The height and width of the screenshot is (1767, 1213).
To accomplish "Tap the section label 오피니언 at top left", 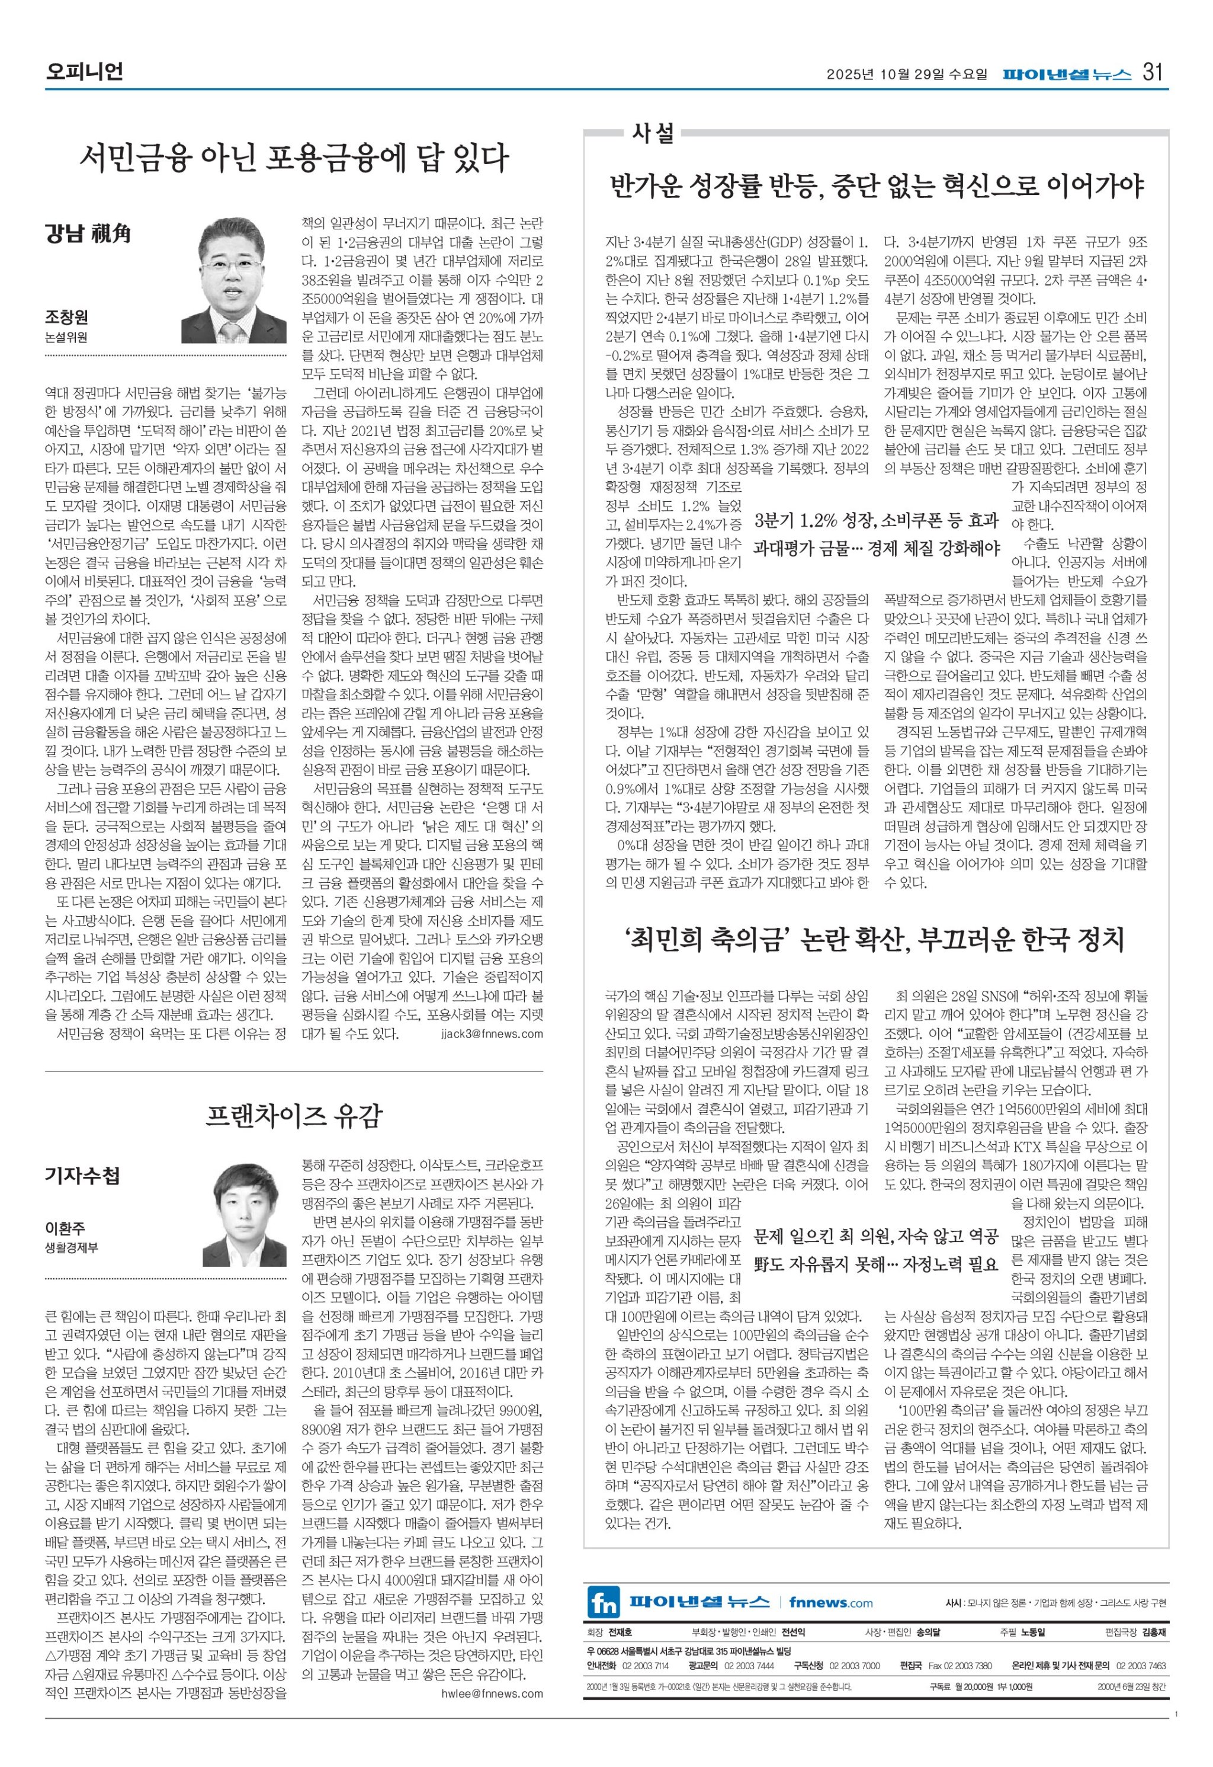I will point(84,72).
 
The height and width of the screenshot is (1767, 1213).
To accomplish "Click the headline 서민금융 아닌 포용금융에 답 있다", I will point(294,158).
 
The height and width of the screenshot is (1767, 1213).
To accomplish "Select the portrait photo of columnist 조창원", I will point(233,280).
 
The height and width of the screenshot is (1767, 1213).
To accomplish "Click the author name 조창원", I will point(66,318).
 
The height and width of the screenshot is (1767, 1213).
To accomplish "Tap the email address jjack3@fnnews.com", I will point(491,1033).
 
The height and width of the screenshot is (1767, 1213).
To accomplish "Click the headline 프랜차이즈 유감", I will point(294,1116).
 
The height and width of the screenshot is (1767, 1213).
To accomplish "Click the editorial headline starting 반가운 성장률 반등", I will point(877,185).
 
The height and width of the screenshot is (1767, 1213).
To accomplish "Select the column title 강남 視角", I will point(88,233).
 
